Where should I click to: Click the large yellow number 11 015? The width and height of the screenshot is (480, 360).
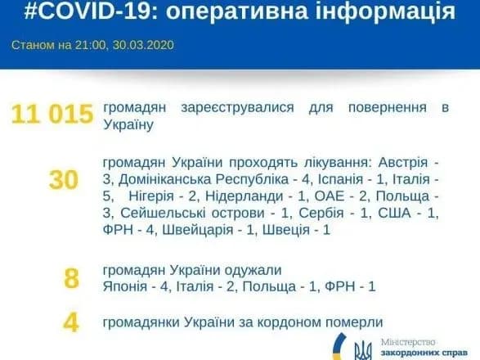coord(52,115)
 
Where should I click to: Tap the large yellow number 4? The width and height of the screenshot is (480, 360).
coord(71,323)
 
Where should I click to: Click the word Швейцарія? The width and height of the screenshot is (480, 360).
coord(200,231)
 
